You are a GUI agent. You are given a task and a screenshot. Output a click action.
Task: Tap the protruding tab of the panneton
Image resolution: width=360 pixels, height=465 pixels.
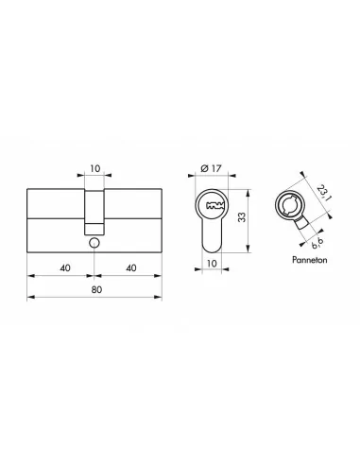coord(302,228)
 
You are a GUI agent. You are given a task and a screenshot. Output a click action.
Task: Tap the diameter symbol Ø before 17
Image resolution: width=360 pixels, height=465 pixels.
coord(203,171)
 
